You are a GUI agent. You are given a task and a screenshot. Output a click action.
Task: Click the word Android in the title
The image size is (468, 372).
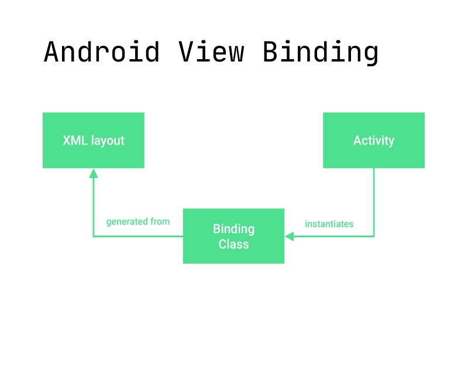click(101, 52)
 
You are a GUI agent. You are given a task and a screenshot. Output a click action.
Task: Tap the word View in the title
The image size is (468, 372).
click(211, 52)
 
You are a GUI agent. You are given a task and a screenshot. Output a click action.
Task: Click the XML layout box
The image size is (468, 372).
click(94, 140)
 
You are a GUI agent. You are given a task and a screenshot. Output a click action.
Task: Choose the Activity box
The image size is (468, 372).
click(374, 140)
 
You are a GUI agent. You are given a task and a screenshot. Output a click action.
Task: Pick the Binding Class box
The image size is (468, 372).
click(233, 236)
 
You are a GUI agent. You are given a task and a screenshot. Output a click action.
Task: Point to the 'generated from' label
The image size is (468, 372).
click(138, 221)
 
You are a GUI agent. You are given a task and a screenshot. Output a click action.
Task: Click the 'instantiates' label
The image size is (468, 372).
click(329, 224)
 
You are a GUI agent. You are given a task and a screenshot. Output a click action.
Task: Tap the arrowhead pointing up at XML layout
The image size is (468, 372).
click(94, 173)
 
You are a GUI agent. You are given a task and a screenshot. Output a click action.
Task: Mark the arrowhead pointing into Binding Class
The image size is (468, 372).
click(290, 236)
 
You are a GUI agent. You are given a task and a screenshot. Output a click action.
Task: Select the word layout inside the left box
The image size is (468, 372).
click(108, 141)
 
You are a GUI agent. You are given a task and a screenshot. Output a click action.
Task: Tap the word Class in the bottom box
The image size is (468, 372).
click(233, 244)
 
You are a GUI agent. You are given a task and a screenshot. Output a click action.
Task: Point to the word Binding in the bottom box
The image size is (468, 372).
click(233, 229)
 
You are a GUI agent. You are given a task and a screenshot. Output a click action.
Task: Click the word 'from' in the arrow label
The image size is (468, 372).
click(160, 221)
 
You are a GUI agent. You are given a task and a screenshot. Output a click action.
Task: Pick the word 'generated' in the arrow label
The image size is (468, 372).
click(127, 222)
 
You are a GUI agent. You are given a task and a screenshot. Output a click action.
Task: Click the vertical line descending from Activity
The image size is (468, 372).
click(374, 202)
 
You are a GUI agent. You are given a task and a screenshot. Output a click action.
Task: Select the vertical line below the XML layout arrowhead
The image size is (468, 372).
click(94, 207)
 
